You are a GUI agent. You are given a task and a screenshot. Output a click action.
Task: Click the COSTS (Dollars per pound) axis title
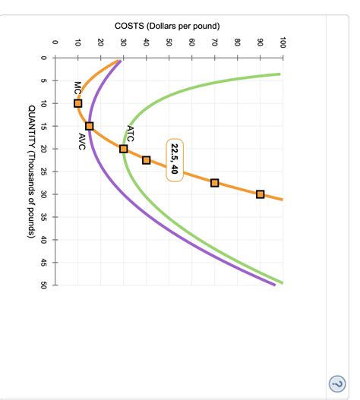click(167, 26)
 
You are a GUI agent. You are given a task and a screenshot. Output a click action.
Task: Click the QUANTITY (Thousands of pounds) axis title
click(30, 172)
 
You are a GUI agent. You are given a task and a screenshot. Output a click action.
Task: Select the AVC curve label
click(82, 140)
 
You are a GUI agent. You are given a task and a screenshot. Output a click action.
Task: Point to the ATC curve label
click(130, 134)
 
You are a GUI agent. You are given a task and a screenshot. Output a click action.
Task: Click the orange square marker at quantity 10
click(78, 103)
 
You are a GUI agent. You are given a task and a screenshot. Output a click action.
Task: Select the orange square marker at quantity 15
click(90, 126)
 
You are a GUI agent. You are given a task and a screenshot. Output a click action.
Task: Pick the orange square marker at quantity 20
click(124, 149)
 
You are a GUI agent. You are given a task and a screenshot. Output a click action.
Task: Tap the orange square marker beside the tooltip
click(147, 160)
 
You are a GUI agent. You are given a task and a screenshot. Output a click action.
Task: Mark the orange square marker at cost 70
click(215, 183)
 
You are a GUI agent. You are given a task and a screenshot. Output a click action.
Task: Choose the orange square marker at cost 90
click(261, 194)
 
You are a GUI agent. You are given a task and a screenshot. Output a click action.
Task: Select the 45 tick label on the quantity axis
click(44, 263)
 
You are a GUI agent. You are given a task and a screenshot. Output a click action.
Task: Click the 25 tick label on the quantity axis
click(44, 172)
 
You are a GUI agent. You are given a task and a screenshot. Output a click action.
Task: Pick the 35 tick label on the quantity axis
click(44, 217)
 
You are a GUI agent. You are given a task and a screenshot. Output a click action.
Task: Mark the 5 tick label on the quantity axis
click(44, 80)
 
